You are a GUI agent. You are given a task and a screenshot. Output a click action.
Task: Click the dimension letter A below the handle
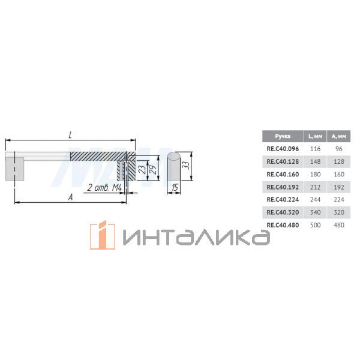point(71,197)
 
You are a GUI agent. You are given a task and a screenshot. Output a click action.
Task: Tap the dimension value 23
point(142,170)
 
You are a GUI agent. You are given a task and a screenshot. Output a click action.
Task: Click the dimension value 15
point(173,188)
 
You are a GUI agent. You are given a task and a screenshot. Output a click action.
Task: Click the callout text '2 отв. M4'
point(105,188)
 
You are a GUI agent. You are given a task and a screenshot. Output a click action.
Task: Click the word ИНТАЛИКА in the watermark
point(195,237)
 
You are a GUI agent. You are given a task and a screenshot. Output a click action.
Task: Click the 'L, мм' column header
point(316,136)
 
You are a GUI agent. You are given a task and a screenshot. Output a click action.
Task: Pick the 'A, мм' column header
point(339,136)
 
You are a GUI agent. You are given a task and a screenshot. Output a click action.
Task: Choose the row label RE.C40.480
point(282,225)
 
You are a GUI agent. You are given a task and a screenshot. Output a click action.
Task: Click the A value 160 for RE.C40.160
point(339,174)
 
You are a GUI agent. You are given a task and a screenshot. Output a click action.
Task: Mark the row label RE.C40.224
point(282,200)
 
